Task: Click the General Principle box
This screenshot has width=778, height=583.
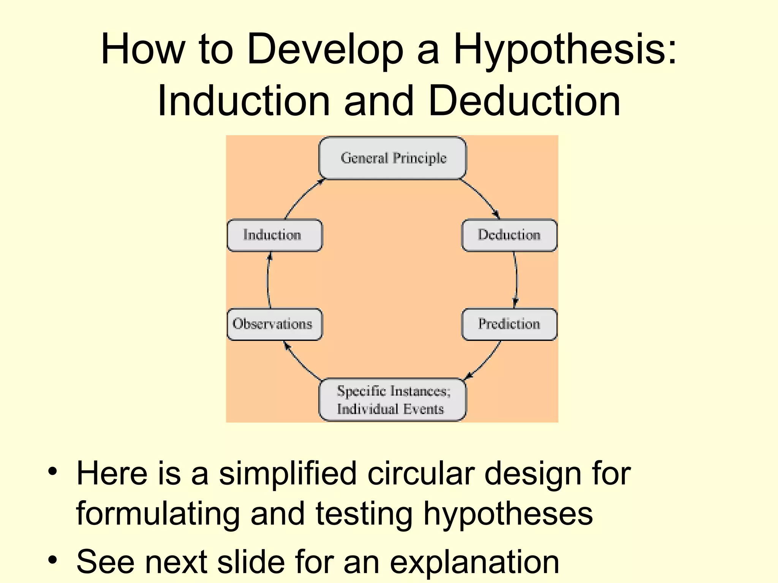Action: click(393, 158)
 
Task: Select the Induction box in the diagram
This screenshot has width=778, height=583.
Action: click(274, 235)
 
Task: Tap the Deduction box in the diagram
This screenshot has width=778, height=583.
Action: click(509, 235)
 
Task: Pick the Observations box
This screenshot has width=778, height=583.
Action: click(274, 324)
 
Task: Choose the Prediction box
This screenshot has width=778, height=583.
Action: click(509, 324)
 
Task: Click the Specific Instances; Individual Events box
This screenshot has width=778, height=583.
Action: click(393, 400)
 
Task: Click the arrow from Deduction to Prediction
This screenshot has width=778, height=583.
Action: click(516, 280)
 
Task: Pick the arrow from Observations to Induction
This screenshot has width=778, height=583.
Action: click(268, 280)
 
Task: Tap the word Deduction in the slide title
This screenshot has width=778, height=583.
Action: click(524, 101)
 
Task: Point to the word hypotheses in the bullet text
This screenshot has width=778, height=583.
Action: click(508, 513)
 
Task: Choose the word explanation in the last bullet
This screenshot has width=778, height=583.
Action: click(474, 561)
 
